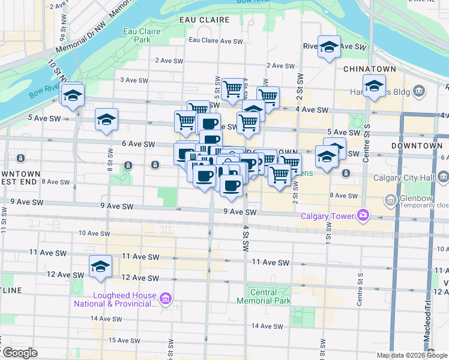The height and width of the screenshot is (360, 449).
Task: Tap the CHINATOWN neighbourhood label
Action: tap(370, 69)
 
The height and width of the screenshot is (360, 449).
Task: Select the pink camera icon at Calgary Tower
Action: tap(363, 215)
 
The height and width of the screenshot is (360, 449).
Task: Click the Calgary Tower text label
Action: tap(327, 216)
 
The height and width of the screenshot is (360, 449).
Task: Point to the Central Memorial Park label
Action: tap(264, 296)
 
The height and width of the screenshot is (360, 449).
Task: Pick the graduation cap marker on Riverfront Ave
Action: tap(329, 47)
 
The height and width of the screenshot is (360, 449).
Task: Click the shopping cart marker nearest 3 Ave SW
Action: tap(232, 89)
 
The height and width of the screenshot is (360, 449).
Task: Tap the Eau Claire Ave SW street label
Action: tap(215, 41)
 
